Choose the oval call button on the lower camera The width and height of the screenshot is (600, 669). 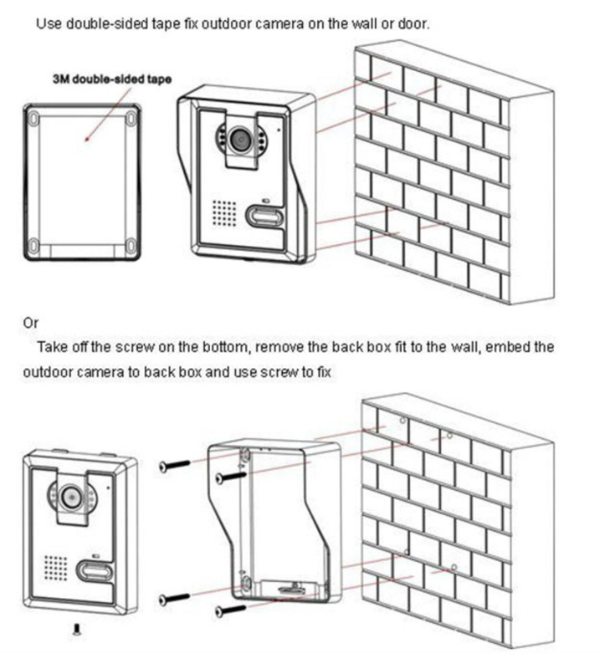tap(92, 572)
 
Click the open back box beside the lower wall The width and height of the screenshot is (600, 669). tap(276, 518)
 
